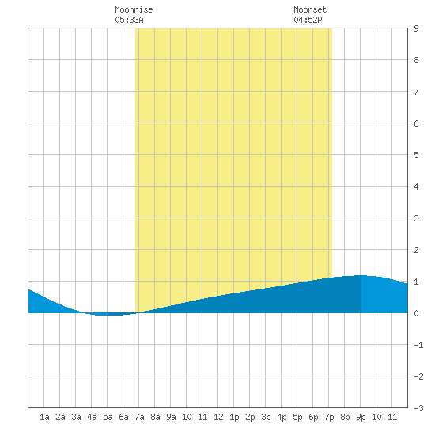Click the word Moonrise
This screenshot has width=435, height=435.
click(134, 9)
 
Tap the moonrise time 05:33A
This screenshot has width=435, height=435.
click(129, 20)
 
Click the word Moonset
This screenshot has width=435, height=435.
click(310, 9)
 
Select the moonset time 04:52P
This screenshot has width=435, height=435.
click(308, 20)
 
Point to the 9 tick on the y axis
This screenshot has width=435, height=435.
click(416, 28)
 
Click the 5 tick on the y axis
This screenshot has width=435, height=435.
click(416, 155)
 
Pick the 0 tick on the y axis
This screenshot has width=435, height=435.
click(416, 313)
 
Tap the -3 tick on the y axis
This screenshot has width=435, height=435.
click(418, 408)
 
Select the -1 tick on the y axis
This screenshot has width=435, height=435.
click(418, 345)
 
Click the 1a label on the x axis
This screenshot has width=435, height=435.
click(44, 417)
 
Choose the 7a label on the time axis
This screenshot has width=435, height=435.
click(139, 417)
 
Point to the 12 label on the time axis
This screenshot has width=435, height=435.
click(218, 417)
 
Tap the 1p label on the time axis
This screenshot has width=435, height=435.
click(234, 417)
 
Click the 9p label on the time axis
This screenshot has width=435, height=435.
click(361, 417)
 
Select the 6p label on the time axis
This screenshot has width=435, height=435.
click(313, 417)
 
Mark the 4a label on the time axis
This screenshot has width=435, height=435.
click(92, 417)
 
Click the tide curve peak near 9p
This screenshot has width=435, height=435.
click(360, 275)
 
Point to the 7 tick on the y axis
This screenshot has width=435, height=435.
click(416, 92)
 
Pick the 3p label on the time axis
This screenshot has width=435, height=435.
click(266, 417)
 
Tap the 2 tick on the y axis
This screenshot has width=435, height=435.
click(416, 250)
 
